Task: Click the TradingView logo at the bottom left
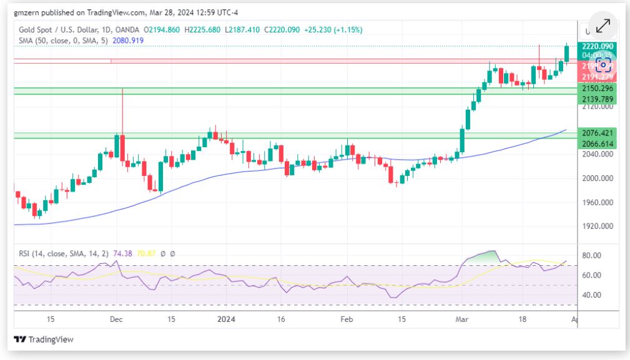44,339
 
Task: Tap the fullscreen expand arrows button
603,26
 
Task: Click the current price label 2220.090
598,46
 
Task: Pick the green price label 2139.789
598,99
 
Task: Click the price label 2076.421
598,133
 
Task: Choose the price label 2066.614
598,144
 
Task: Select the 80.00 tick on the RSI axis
591,255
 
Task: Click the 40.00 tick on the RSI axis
591,294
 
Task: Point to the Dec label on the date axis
116,319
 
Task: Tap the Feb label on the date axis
347,319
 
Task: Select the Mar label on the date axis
462,319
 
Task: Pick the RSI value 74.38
121,254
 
